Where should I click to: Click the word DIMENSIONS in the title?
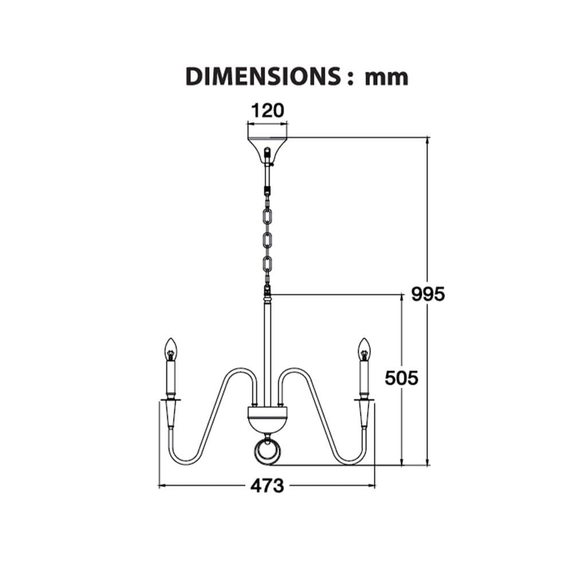click(263, 77)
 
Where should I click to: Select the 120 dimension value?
click(267, 111)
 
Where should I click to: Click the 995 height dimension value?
click(428, 294)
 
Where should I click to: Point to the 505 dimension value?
click(401, 378)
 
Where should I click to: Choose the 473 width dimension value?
click(267, 486)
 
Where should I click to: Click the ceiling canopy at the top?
click(268, 150)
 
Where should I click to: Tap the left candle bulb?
click(170, 349)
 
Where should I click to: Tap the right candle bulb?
click(364, 349)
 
